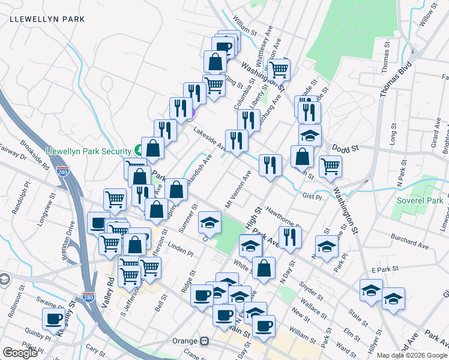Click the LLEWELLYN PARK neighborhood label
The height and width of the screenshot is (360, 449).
point(47,19)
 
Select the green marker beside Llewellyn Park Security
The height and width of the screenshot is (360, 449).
point(138,151)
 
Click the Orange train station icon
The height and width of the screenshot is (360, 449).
point(205,341)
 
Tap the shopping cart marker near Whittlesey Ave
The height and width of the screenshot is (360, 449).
point(279,70)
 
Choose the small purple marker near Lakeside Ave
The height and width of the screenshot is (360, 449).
point(193,112)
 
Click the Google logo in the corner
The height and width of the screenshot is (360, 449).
point(20,353)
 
